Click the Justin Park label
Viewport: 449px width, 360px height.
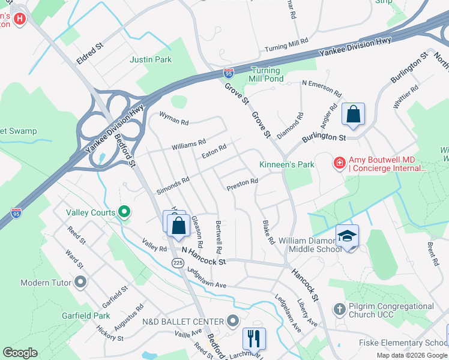151,59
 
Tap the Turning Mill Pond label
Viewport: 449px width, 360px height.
266,74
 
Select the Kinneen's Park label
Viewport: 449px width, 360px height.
286,164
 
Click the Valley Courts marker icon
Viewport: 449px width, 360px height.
124,211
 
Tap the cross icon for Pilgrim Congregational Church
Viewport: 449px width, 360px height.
339,310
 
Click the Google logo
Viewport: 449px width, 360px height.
19,353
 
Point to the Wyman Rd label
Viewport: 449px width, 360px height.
173,119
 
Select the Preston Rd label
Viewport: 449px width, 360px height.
242,185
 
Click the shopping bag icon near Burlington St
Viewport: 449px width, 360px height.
354,114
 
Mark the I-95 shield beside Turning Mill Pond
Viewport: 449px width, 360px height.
229,73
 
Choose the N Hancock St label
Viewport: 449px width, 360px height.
203,257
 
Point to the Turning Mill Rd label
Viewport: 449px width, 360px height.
286,45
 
